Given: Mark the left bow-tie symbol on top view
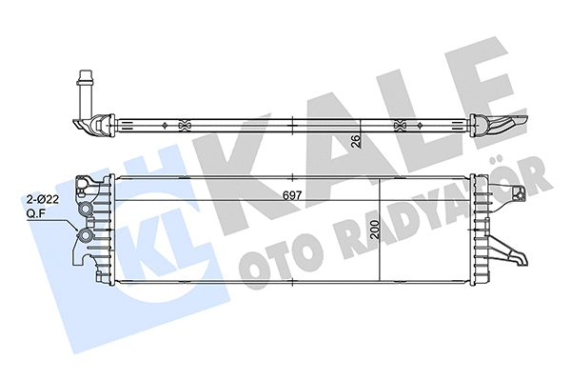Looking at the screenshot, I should click(x=184, y=124).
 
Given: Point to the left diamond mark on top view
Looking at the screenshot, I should click(x=165, y=124).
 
